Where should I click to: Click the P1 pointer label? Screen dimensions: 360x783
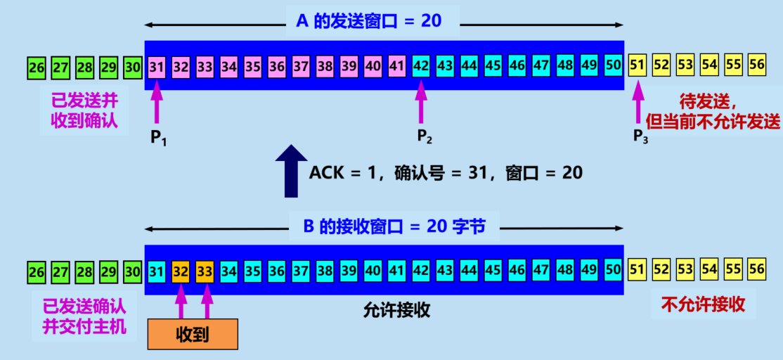click(x=160, y=137)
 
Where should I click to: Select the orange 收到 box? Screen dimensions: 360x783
click(x=193, y=334)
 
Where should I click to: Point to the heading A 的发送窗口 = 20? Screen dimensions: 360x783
click(x=368, y=21)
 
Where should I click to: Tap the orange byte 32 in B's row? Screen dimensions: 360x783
click(x=181, y=270)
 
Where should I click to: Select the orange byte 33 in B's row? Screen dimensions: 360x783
click(x=205, y=270)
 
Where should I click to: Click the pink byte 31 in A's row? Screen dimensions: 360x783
click(x=157, y=67)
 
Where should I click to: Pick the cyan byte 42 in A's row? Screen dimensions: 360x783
click(x=421, y=67)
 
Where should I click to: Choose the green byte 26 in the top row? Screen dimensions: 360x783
click(x=37, y=67)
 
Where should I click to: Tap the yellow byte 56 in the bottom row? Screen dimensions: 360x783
click(x=756, y=270)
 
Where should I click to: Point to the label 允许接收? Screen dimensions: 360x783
click(x=396, y=308)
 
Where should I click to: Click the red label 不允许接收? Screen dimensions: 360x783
click(x=703, y=304)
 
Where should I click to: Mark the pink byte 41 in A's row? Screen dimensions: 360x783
click(x=397, y=67)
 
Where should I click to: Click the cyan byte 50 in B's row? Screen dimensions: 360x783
click(x=612, y=270)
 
